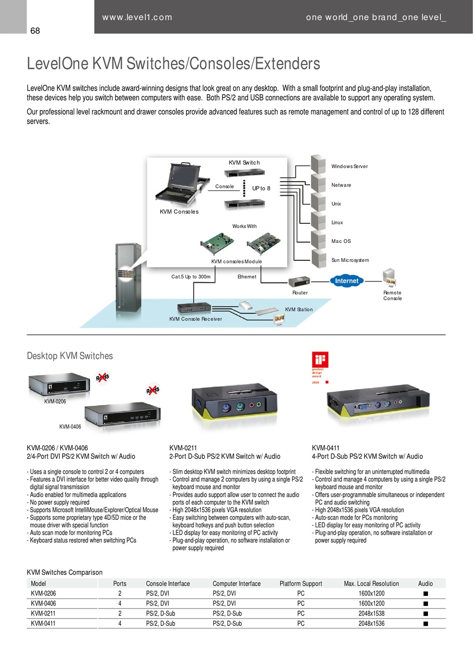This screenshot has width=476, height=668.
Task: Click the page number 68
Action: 35,31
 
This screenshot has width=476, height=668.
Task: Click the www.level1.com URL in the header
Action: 137,18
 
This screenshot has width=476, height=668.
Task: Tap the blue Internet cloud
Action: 347,281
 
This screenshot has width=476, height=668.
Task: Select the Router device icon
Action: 299,281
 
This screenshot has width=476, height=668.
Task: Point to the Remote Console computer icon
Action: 389,278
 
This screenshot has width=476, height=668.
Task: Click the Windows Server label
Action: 349,166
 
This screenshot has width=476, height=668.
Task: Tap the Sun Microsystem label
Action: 350,260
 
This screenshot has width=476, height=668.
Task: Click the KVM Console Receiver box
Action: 194,308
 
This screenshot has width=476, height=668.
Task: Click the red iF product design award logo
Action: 320,360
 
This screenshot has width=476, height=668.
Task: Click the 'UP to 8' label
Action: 261,188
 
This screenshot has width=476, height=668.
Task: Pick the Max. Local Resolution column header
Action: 371,583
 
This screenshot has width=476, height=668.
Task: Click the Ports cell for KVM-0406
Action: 120,603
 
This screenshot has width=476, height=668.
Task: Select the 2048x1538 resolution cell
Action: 372,613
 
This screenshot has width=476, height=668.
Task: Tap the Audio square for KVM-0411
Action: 425,623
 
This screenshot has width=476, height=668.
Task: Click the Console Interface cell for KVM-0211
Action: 160,613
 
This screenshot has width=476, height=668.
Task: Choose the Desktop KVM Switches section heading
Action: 70,356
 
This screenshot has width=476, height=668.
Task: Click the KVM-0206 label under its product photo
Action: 55,402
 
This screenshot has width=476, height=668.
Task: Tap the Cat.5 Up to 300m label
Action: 191,277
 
